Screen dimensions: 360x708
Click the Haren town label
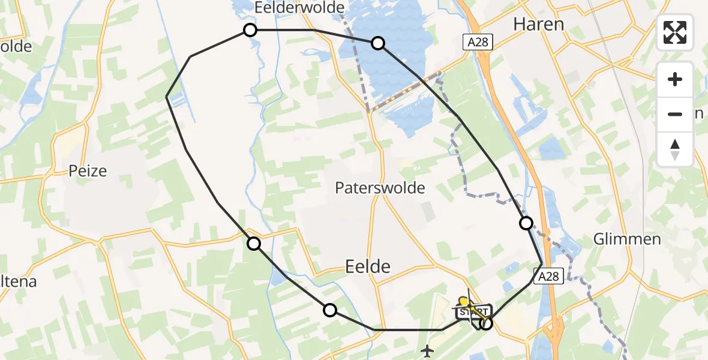point(538,24)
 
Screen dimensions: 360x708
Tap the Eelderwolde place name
point(299,8)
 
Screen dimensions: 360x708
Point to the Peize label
point(88,171)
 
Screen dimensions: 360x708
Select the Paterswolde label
point(380,188)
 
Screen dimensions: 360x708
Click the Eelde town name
point(368,266)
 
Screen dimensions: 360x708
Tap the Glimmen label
point(627,239)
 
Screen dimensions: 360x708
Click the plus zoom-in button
point(675,80)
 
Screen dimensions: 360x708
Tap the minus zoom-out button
point(675,114)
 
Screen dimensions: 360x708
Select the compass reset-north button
point(675,149)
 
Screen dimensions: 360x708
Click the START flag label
point(472,312)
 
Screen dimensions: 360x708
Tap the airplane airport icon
point(427,349)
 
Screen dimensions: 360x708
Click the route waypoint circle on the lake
point(378,43)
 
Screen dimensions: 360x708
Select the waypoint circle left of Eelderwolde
point(250,30)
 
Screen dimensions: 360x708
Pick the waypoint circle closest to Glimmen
point(526,223)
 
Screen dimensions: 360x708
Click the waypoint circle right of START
point(486,324)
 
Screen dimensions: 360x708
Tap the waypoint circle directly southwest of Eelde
point(329,310)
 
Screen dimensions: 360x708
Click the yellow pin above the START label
point(463,301)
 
